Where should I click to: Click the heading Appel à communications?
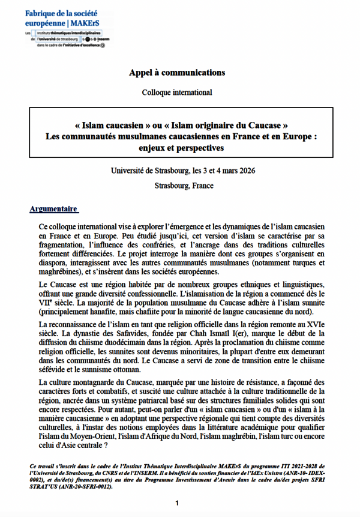coord(177,73)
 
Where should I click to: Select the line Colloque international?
coord(177,92)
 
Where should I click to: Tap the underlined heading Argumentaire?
coord(53,209)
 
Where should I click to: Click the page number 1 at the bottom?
coord(177,502)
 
